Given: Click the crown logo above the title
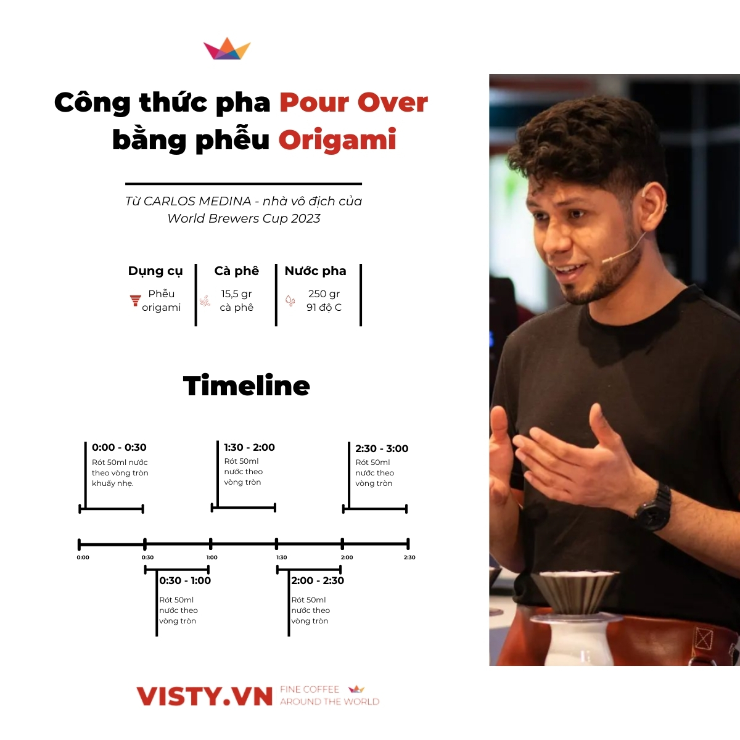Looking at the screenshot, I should (x=227, y=49).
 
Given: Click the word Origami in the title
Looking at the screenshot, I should (x=337, y=140).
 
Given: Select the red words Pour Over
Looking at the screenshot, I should (x=353, y=102).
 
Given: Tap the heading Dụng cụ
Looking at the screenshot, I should (x=155, y=271).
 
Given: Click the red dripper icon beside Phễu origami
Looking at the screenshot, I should (x=135, y=301).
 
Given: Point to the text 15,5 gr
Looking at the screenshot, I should (x=237, y=294).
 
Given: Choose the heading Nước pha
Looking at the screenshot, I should (x=315, y=271).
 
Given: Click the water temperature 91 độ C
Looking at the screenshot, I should (x=324, y=307).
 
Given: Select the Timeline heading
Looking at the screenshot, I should (x=247, y=386).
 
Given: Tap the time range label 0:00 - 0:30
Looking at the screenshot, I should (x=119, y=447).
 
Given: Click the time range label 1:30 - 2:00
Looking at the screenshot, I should (x=249, y=447).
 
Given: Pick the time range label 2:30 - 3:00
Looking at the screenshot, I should (x=382, y=448).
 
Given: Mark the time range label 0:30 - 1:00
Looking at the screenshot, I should (x=185, y=580).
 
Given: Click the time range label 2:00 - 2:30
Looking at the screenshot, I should (x=318, y=580).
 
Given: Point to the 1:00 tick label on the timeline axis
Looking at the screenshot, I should (x=212, y=557).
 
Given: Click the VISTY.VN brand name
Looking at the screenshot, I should (x=204, y=696).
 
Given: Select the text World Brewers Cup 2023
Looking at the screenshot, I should (x=244, y=218).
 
